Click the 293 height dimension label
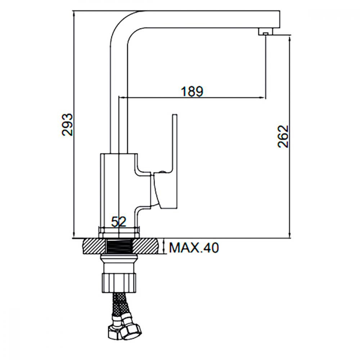tap(67, 125)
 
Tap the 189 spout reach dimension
tap(192, 91)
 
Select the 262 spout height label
tap(283, 136)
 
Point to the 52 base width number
tap(119, 222)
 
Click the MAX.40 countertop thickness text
tap(194, 248)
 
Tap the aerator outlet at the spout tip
tap(266, 34)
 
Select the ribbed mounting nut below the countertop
tap(119, 282)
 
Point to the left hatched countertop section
tap(94, 246)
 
